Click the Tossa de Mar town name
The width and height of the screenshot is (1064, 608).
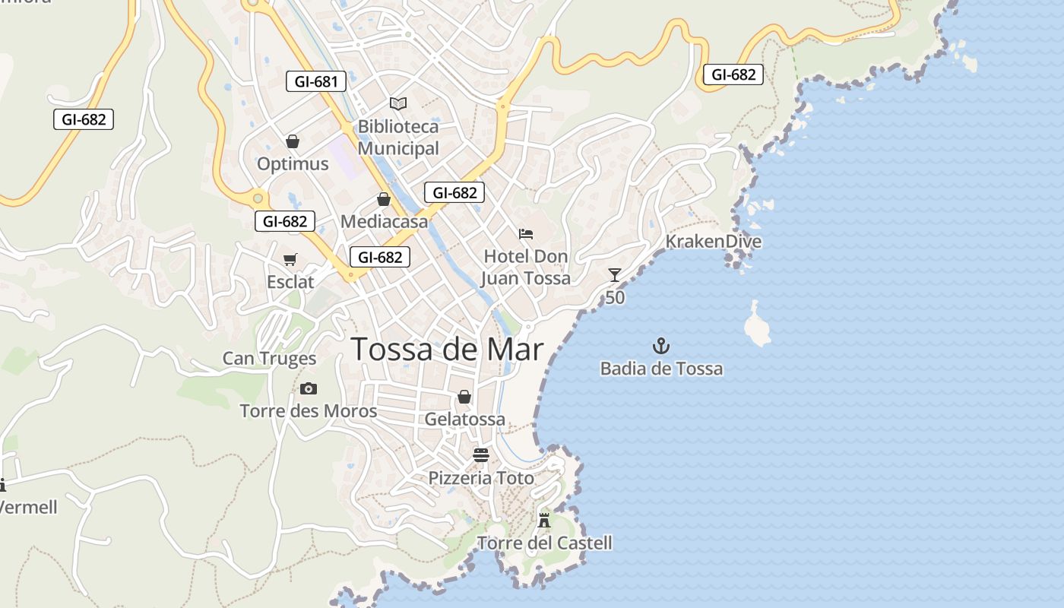coord(448,350)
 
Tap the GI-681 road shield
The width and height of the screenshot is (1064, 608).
coord(315,81)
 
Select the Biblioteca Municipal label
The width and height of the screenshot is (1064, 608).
coord(398,138)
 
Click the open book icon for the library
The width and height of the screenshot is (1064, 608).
coord(398,103)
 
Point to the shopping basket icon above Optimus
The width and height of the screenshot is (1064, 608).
coord(293,141)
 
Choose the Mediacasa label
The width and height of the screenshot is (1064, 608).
coord(384,221)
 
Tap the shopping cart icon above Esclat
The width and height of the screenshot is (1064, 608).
coord(290,260)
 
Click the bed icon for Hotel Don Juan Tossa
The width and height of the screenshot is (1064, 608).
coord(526,234)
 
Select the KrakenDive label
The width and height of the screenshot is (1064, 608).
coord(713,242)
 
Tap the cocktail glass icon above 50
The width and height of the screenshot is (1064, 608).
coord(615,275)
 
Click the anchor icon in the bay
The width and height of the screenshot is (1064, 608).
coord(661,347)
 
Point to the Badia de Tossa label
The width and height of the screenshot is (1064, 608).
coord(661,369)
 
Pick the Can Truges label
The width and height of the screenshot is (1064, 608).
coord(269,359)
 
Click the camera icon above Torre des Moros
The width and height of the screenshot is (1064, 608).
coord(308,389)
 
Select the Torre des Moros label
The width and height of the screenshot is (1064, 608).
coord(308,411)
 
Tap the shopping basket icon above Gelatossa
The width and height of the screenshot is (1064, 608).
coord(464,397)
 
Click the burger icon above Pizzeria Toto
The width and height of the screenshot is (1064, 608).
coord(481,455)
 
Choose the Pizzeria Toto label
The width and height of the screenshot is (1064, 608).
coord(481,478)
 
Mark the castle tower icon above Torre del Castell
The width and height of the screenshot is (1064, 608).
coord(544,521)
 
